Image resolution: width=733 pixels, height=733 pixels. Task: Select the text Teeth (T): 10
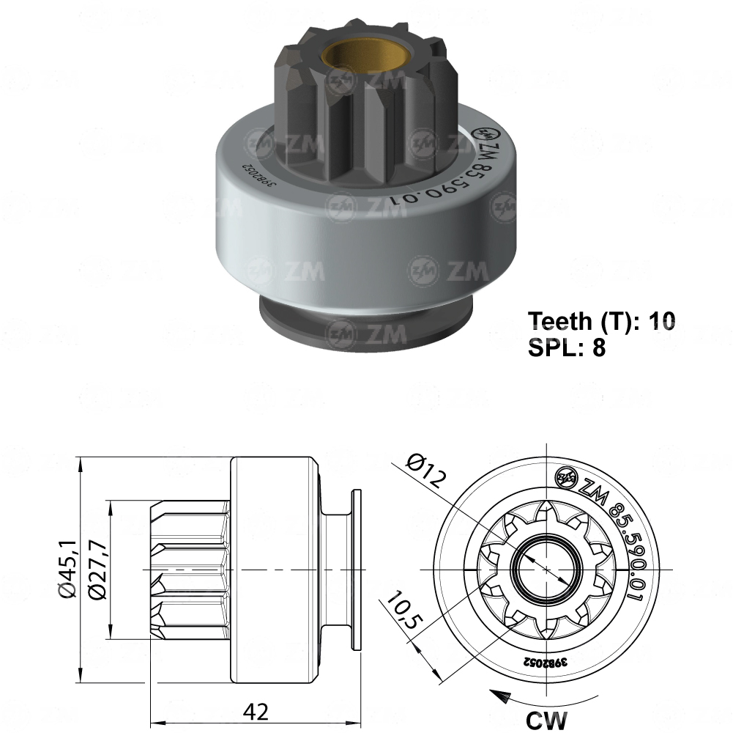coord(602,321)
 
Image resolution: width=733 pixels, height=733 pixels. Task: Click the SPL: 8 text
coord(567,347)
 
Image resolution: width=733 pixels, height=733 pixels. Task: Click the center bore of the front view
coord(546,570)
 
